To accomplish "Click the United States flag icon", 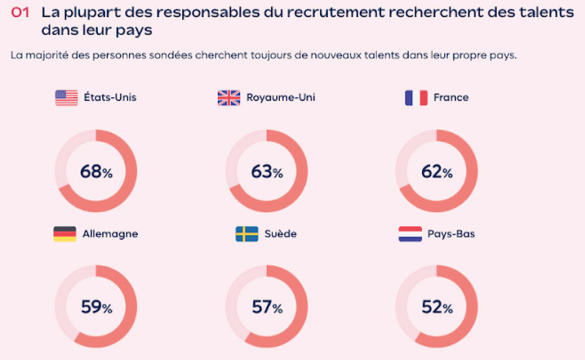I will coord(66,97).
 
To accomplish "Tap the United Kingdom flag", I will coord(229,97).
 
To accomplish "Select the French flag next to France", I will coord(415,97).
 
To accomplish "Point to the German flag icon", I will coord(65,234).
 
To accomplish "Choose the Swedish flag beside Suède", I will coord(247,234).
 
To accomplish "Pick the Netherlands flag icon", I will coord(410,234).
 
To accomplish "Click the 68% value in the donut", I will coord(96,172).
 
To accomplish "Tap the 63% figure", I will coord(266,172).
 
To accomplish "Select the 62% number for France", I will coord(436,172).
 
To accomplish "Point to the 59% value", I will coord(96,307).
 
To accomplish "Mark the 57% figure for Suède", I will coord(266,307).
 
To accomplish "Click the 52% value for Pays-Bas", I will coord(436,307).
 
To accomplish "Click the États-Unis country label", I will coord(110,97).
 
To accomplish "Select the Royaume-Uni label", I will coord(281,97).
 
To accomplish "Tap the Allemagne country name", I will coord(110,234).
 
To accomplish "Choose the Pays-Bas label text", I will coord(451,234).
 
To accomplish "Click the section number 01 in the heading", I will coord(21,12).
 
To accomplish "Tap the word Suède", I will coord(280,234).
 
